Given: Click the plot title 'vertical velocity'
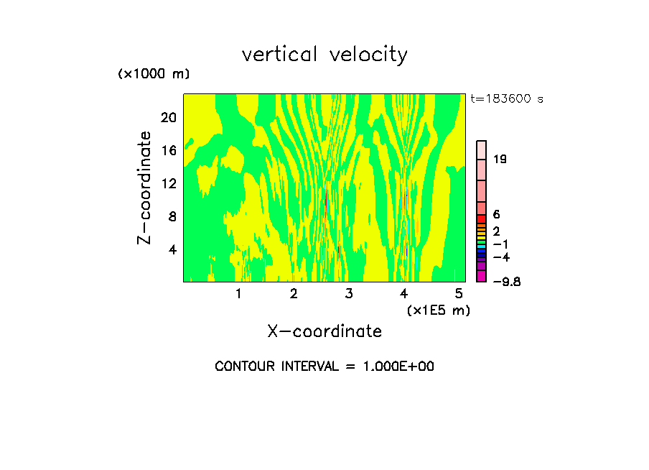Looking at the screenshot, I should pos(324,55).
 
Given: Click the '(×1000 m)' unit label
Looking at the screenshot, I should pos(154,75).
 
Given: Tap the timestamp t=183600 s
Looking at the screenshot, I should pos(507,99).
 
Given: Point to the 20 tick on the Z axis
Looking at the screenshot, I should pos(168,117).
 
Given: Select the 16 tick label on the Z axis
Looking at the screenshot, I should pos(168,150).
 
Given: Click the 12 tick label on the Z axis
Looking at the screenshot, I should pos(168,183).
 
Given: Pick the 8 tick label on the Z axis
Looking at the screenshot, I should pos(172,216).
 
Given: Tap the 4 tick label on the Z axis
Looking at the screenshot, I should pos(172,249).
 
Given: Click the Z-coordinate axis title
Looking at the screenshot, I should pos(144,188).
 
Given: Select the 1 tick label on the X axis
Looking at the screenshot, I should pos(238,294).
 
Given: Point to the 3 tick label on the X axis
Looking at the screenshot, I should pos(349,294).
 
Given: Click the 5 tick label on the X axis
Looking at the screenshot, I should pos(459,294).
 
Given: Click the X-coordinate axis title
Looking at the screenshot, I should pos(324,331).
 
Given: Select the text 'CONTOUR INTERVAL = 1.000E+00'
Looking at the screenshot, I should pos(324,367).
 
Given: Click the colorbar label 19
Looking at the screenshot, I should pos(500,160).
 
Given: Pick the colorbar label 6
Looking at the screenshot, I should pos(496,214).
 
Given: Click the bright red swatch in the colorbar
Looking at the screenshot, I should pos(482,218).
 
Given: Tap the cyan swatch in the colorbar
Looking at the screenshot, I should pos(482,246).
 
